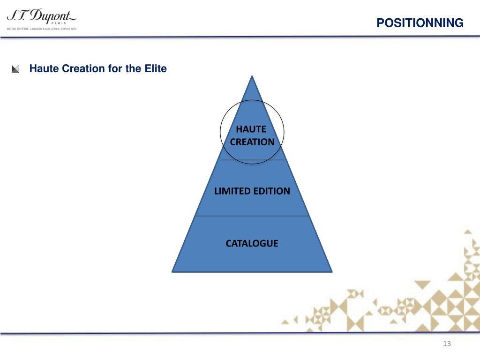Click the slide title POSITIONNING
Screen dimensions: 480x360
coord(420,23)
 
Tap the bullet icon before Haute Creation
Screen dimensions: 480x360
coord(15,69)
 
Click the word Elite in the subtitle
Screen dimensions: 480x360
coord(155,69)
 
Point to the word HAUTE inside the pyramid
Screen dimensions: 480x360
coord(251,129)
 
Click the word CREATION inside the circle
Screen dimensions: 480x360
coord(252,142)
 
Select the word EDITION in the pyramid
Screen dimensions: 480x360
coord(272,191)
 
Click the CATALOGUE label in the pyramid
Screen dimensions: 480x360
coord(252,243)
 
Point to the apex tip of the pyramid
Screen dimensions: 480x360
coord(253,77)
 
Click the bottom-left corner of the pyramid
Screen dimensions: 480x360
coord(173,271)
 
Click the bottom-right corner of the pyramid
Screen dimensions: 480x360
coord(331,271)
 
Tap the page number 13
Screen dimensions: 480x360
coord(446,345)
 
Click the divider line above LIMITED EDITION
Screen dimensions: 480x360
coord(252,160)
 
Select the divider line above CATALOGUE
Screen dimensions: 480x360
coord(252,216)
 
